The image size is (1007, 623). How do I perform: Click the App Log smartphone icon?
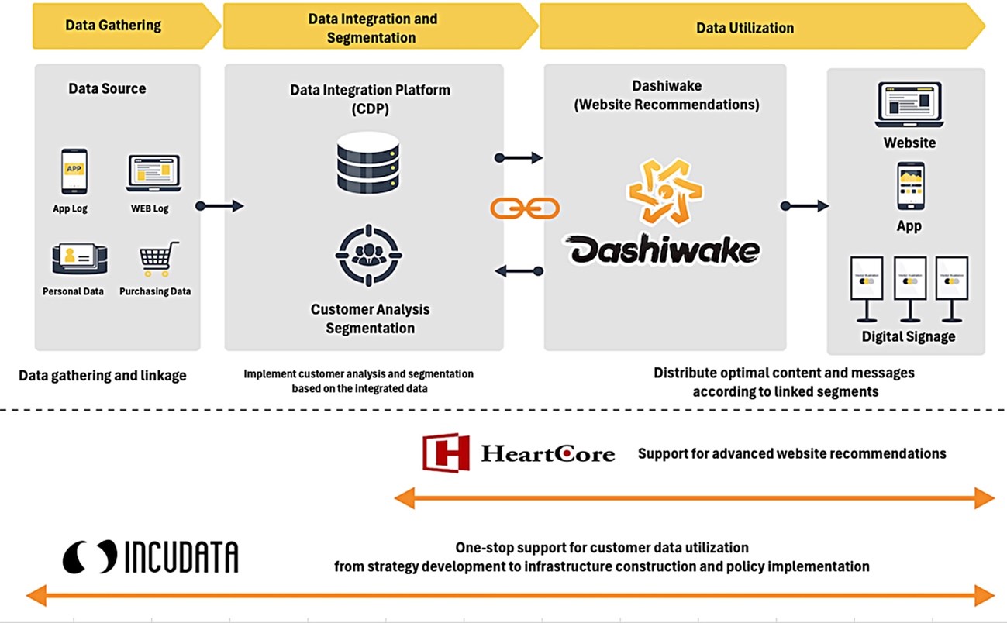[74, 171]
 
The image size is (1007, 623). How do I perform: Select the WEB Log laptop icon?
[153, 173]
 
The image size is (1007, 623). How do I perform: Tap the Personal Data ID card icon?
[79, 260]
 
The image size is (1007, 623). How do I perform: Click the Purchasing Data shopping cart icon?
[159, 260]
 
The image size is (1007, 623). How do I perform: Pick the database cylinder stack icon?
[368, 163]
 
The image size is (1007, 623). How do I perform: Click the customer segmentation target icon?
[368, 255]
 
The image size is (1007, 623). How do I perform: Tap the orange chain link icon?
[524, 208]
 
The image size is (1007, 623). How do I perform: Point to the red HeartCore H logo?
[446, 453]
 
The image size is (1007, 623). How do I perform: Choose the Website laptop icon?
[909, 105]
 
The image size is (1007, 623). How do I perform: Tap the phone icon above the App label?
[910, 186]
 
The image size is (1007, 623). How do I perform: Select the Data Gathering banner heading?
[113, 25]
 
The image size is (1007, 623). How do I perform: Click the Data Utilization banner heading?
[744, 28]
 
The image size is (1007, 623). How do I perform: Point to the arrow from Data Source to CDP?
[220, 206]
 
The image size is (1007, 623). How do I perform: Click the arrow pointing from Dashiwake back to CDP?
[519, 271]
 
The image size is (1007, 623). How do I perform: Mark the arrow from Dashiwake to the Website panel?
[804, 206]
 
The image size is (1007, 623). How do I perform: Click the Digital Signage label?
[908, 336]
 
